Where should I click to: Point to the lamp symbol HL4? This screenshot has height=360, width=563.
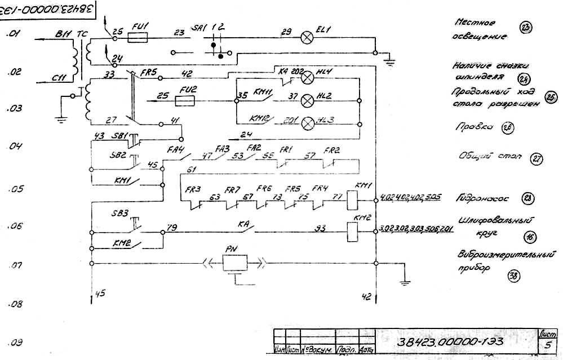pos(308,79)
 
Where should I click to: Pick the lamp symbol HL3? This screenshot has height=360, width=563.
pos(308,122)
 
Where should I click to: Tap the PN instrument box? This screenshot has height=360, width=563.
pos(235,263)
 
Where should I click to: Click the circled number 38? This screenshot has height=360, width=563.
pos(514,275)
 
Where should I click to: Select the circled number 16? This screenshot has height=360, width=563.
pos(514,237)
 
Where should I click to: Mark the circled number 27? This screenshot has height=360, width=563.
pos(536,159)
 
